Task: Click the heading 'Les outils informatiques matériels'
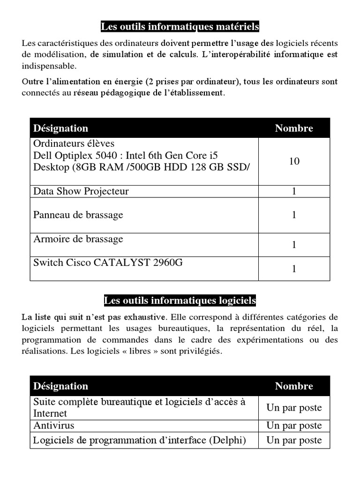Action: [x=180, y=27]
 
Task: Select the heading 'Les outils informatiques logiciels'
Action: [x=180, y=300]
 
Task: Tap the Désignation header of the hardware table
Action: [x=60, y=128]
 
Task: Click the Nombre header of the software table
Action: [x=294, y=386]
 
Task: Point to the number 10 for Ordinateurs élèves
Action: [x=294, y=161]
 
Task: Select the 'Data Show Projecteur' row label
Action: [x=81, y=191]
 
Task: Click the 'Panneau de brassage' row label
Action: [x=78, y=215]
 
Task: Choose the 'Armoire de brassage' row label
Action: [x=78, y=239]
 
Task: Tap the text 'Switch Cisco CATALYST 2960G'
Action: [x=108, y=262]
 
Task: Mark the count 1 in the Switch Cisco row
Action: [x=294, y=269]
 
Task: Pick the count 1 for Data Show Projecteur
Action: [x=294, y=191]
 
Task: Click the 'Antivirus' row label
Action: [x=53, y=426]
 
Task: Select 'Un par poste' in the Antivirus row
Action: [x=294, y=426]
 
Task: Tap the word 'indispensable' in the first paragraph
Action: [x=49, y=66]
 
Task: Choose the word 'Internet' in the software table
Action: [x=50, y=413]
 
